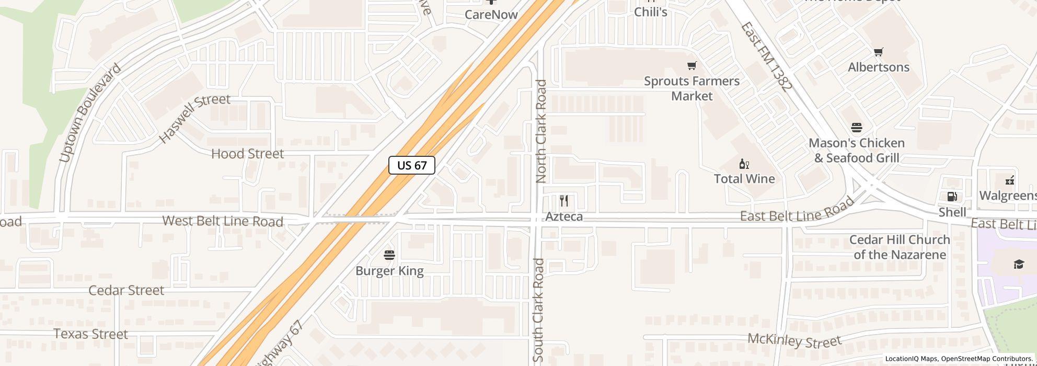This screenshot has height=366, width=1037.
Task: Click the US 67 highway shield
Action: click(412, 165)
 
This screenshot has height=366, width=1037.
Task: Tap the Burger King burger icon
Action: click(389, 255)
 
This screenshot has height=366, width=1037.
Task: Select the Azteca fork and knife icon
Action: click(564, 201)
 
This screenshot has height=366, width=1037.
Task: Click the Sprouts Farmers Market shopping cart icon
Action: click(692, 66)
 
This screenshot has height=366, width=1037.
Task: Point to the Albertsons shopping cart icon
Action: click(878, 52)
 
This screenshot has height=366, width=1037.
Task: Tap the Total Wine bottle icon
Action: click(744, 164)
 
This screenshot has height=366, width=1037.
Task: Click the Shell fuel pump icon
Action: click(952, 197)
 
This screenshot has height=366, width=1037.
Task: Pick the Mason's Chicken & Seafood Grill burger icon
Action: click(856, 128)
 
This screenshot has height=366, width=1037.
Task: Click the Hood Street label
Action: click(247, 154)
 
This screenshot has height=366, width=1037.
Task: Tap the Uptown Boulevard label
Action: click(90, 113)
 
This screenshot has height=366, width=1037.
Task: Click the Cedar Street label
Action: click(126, 291)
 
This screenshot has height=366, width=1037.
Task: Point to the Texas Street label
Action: click(90, 334)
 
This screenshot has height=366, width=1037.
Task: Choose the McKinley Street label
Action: click(794, 340)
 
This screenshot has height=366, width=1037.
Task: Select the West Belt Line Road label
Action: click(223, 221)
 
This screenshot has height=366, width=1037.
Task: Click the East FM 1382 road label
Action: click(766, 56)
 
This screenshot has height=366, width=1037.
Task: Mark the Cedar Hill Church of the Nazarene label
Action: click(899, 247)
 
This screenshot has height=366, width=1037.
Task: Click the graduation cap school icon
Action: click(1019, 265)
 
